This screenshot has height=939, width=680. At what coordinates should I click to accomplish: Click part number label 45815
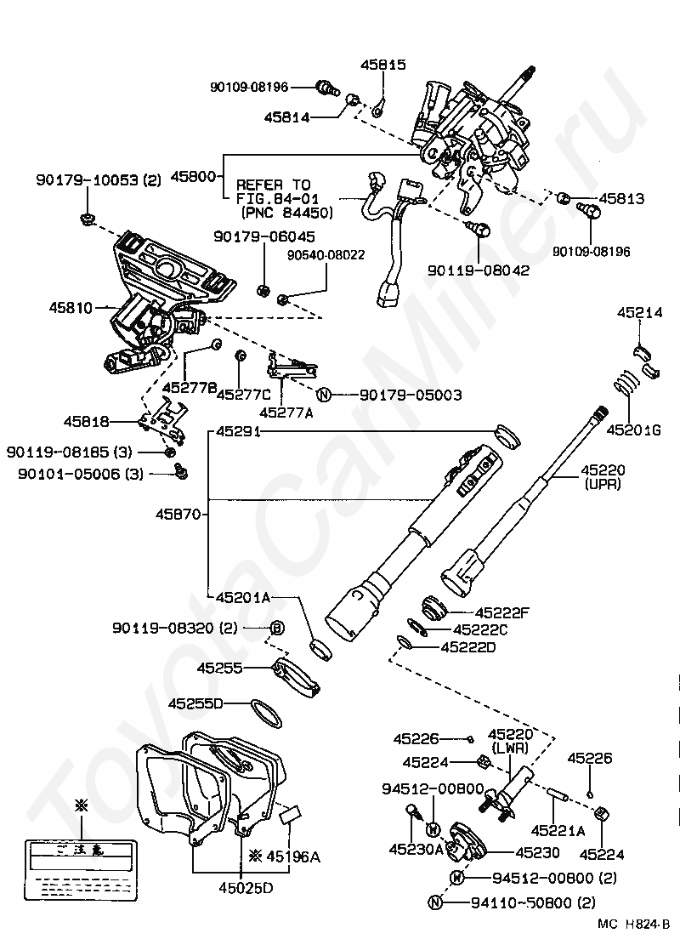point(382,65)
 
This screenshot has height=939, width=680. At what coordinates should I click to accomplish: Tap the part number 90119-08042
point(478,270)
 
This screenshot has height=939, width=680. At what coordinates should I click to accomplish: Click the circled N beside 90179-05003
point(323,395)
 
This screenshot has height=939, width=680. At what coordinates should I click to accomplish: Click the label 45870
point(178,514)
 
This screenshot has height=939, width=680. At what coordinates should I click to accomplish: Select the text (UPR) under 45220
point(603,483)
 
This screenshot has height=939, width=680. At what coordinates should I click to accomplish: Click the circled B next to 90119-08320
point(276,629)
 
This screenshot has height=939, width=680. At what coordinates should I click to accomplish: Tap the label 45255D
point(195,703)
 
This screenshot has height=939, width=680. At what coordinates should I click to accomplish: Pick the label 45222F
point(502,612)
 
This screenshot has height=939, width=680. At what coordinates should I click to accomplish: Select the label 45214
point(639,313)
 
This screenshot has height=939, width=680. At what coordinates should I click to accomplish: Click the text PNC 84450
point(286,212)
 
